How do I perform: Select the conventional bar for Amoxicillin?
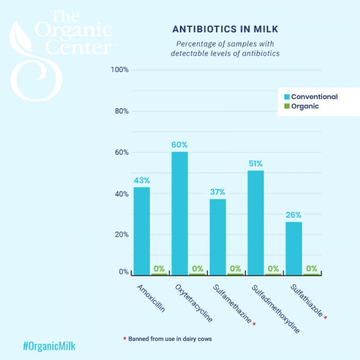[x=142, y=231]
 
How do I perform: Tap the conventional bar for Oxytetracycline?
[x=179, y=213]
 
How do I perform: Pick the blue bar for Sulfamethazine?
[x=217, y=237]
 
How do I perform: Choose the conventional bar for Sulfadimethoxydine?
[x=256, y=223]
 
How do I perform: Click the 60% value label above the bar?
[x=179, y=145]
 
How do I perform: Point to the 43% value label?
[x=142, y=180]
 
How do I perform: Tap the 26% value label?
[x=293, y=215]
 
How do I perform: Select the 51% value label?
[x=256, y=164]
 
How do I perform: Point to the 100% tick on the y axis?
[x=120, y=70]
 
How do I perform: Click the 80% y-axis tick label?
[x=121, y=112]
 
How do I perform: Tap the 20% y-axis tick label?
[x=121, y=235]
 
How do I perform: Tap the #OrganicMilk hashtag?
[x=49, y=346]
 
